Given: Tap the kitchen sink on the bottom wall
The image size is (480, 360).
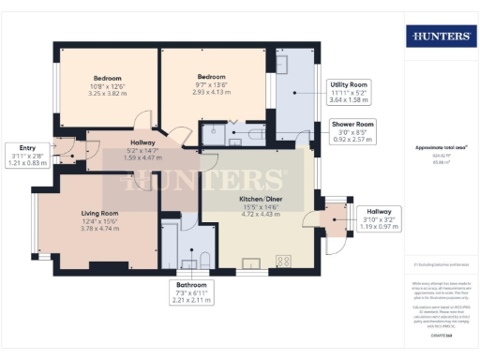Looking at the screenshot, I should (x=251, y=262).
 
